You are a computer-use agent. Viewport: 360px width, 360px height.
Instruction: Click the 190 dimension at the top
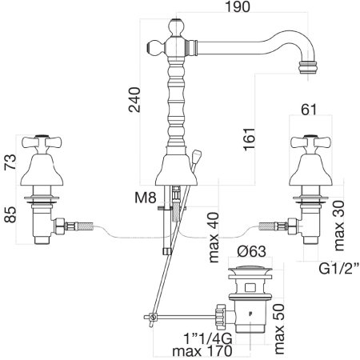(x=238, y=6)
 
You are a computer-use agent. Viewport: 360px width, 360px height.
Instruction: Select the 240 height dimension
(x=134, y=99)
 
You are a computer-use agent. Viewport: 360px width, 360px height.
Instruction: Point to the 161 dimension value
(x=250, y=139)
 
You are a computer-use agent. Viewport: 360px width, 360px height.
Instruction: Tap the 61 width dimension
(x=309, y=110)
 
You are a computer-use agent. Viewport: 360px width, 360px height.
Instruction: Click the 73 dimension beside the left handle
(x=10, y=162)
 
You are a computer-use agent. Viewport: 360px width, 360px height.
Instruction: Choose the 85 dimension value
(x=10, y=214)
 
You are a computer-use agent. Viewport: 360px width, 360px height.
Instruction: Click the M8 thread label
(x=145, y=198)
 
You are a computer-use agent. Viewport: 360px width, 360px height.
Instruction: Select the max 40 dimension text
(x=214, y=238)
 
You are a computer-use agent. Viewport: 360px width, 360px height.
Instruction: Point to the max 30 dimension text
(x=339, y=226)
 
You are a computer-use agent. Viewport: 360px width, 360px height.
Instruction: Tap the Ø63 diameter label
(x=251, y=251)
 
